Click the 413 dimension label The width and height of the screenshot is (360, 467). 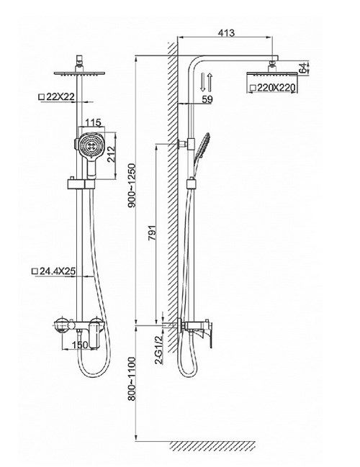[x=226, y=32]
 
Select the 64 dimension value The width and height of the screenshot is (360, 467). [x=303, y=68]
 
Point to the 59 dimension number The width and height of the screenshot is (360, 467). [x=207, y=99]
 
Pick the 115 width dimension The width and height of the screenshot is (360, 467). [x=94, y=122]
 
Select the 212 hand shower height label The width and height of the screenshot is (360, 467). [x=111, y=154]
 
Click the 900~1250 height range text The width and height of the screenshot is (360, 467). [x=132, y=186]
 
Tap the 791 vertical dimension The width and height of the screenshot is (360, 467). [x=153, y=233]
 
